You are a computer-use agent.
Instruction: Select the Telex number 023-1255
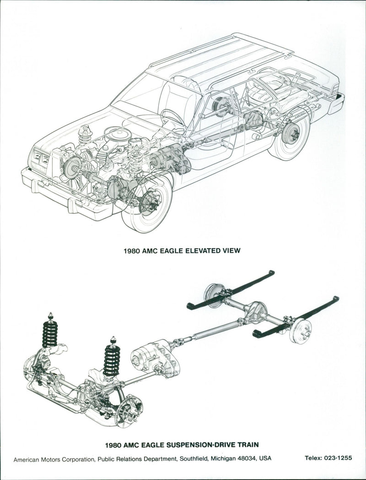click(x=338, y=458)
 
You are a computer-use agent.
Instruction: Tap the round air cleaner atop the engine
click(x=118, y=134)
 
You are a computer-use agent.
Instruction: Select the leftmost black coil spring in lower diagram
click(x=50, y=331)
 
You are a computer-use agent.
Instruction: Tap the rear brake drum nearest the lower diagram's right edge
click(x=302, y=331)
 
